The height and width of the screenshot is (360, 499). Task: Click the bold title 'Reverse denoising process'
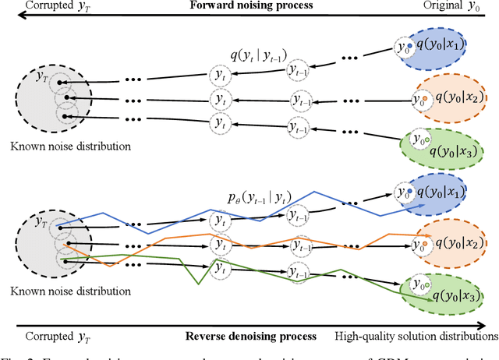250,336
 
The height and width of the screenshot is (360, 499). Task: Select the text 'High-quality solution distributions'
416,336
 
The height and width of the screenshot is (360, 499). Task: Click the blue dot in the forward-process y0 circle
409,44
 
